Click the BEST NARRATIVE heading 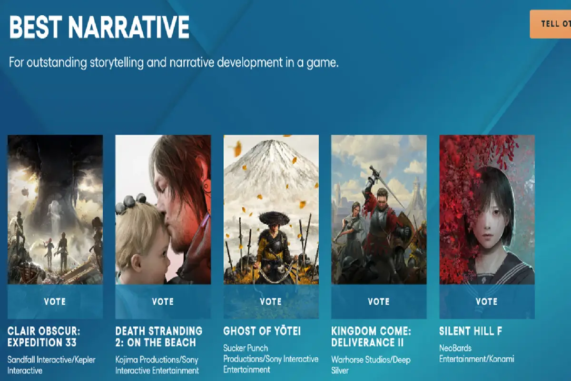[99, 28]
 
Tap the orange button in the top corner [551, 24]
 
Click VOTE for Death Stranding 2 [163, 301]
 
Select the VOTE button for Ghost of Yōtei [271, 301]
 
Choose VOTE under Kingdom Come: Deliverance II [379, 301]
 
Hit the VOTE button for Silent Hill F [487, 301]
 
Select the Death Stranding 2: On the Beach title [159, 337]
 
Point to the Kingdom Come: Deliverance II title [371, 337]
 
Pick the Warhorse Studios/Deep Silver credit [371, 365]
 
